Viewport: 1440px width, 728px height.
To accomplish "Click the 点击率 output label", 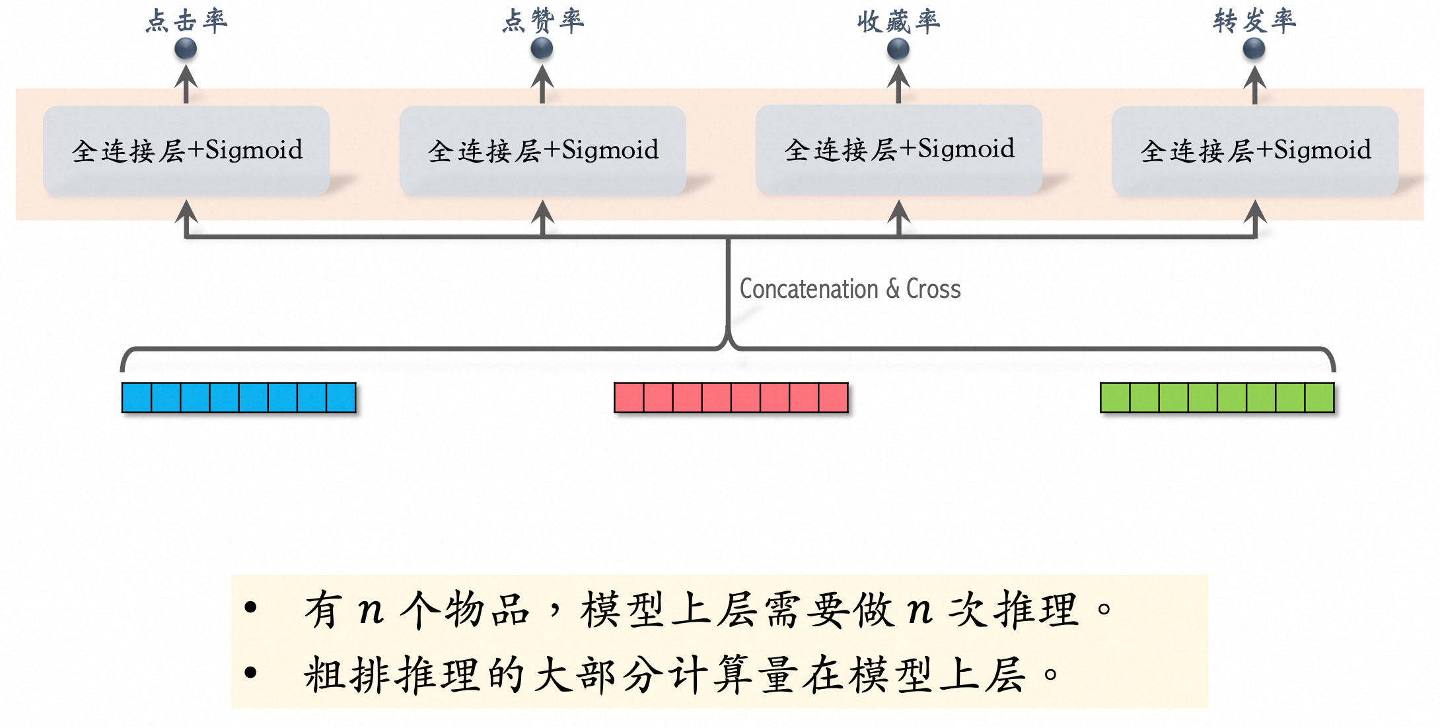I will (x=186, y=20).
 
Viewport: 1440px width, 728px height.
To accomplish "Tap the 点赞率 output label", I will (x=542, y=20).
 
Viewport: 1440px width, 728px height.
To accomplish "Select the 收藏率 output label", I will (x=898, y=21).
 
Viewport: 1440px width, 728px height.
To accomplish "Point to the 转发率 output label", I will (x=1254, y=20).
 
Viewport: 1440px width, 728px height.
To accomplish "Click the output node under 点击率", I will (x=186, y=48).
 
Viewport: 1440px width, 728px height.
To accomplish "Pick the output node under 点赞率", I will (x=542, y=48).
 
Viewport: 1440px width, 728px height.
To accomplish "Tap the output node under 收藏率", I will (x=898, y=48).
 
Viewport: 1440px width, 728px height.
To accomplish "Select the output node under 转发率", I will (x=1254, y=48).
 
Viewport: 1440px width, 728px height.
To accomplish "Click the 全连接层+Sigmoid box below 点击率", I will (x=186, y=150).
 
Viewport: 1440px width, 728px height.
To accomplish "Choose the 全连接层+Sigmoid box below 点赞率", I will (x=542, y=150).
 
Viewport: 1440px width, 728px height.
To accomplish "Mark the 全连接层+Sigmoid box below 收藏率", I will (x=898, y=149).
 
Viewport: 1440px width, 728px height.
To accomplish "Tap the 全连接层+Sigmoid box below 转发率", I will (x=1255, y=150).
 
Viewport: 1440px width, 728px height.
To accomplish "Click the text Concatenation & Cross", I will (x=849, y=289).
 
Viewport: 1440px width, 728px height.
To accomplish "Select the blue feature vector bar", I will (x=238, y=398).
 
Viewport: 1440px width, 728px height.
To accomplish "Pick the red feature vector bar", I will (x=731, y=398).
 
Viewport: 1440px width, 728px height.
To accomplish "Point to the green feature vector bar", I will (x=1217, y=398).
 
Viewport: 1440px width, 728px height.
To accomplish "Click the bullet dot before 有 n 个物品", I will (x=250, y=607).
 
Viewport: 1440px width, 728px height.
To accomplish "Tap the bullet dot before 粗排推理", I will (x=250, y=673).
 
